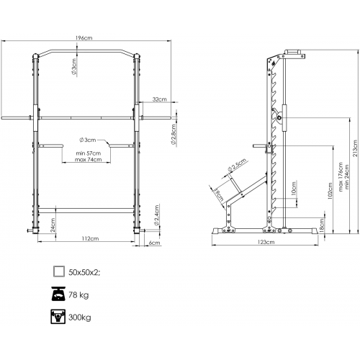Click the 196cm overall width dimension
tap(84, 38)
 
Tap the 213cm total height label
tap(355, 148)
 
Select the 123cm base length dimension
tap(266, 242)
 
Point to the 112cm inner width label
tap(90, 238)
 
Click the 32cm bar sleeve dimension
tap(160, 99)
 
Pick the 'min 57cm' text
tap(89, 153)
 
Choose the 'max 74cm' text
tap(88, 159)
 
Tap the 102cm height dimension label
tap(330, 191)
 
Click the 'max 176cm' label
tap(341, 177)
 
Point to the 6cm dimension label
tap(154, 243)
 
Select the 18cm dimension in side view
tap(322, 224)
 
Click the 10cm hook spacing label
tap(294, 189)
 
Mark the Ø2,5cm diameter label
tap(238, 165)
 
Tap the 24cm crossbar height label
tap(53, 225)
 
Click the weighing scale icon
tap(58, 294)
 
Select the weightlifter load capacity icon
tap(58, 317)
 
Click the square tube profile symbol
tap(59, 271)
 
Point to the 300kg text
tap(80, 318)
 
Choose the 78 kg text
tap(78, 294)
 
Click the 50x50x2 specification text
tap(84, 272)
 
